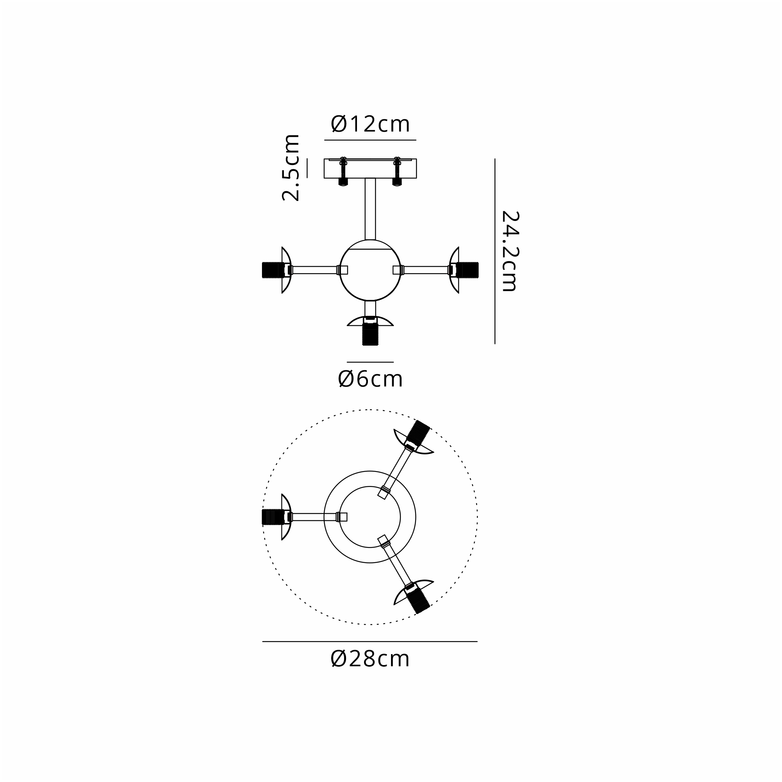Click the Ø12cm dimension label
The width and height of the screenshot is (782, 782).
point(370,124)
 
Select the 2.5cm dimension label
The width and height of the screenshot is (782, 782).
point(291,168)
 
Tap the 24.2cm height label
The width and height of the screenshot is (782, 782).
point(509,251)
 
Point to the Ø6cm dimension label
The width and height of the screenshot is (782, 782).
point(370,379)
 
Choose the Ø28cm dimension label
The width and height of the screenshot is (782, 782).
point(370,659)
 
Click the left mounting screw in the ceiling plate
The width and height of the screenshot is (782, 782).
point(343,171)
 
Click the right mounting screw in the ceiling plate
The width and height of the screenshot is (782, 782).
point(397,171)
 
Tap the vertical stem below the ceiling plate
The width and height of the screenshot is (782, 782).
point(370,209)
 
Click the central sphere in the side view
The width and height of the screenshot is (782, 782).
point(370,270)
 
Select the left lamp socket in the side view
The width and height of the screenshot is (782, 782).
point(274,270)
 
